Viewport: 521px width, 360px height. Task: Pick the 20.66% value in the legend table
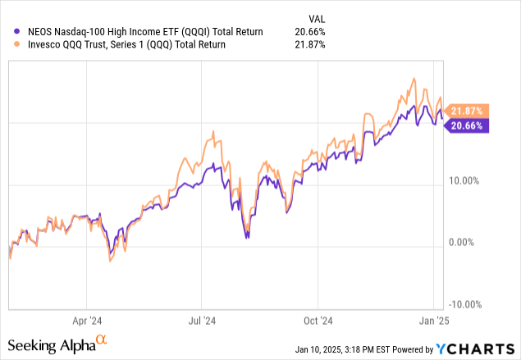pyautogui.click(x=309, y=31)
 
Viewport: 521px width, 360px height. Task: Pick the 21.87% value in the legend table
pyautogui.click(x=309, y=44)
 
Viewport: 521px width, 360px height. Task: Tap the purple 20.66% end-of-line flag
pyautogui.click(x=468, y=125)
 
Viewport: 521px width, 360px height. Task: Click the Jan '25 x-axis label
pyautogui.click(x=433, y=321)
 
